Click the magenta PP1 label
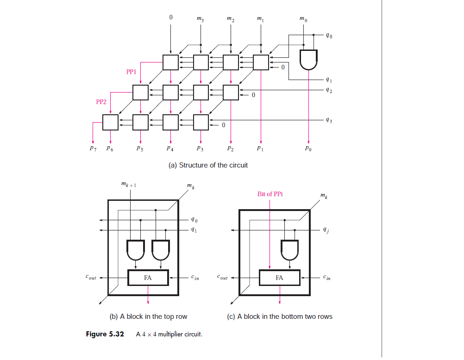[x=131, y=72]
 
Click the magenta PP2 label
[x=101, y=102]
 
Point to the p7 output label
[x=93, y=149]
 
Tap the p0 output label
[x=309, y=149]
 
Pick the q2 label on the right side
[x=328, y=90]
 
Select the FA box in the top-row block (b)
[x=148, y=278]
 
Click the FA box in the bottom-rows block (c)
[x=279, y=278]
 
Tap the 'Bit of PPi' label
[x=270, y=194]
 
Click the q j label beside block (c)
[x=327, y=230]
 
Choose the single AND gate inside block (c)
[x=290, y=250]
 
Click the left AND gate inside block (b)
[x=135, y=250]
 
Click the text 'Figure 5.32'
[x=105, y=334]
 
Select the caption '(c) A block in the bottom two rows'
[x=280, y=317]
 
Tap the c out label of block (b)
[x=91, y=278]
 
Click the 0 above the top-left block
[x=170, y=17]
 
